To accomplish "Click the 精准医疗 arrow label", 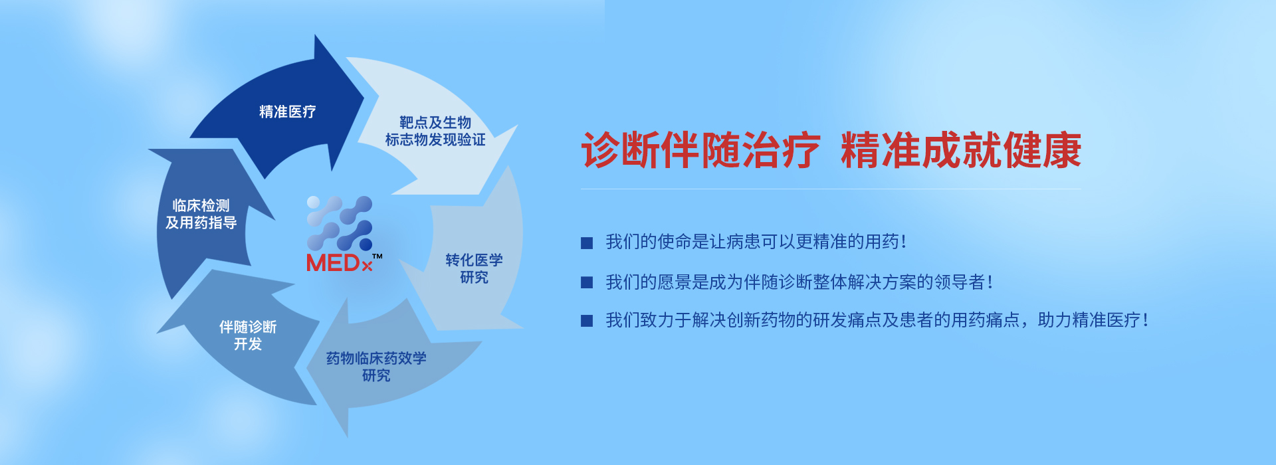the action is point(287,112).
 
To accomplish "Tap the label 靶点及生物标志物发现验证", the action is point(435,131).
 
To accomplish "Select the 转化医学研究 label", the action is point(474,268).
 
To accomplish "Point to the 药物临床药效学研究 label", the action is point(376,367).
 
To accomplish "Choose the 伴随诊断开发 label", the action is point(248,335).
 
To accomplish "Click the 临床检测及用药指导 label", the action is point(201,214).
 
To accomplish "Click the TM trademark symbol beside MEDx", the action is point(377,256).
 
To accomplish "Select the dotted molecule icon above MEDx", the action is point(340,223).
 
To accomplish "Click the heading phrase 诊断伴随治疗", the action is point(701,151).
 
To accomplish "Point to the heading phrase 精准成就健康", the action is point(961,151).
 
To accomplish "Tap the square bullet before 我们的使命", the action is point(587,243).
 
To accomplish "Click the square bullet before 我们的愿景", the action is point(587,282).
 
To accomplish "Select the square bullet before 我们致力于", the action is point(587,321).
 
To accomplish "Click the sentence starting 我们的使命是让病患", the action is point(756,242).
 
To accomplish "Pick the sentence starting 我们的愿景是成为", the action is point(799,282).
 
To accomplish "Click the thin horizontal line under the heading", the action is point(831,189).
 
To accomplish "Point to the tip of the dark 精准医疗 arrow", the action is point(364,99).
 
